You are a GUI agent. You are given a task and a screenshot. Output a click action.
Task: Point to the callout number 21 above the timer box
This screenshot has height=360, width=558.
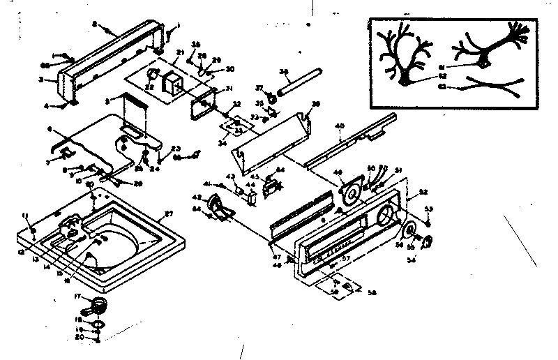click(x=179, y=53)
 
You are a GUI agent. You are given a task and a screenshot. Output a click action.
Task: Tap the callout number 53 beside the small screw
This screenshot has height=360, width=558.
click(x=428, y=209)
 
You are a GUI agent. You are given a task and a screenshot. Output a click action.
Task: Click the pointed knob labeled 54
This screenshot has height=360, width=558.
click(x=427, y=242)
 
